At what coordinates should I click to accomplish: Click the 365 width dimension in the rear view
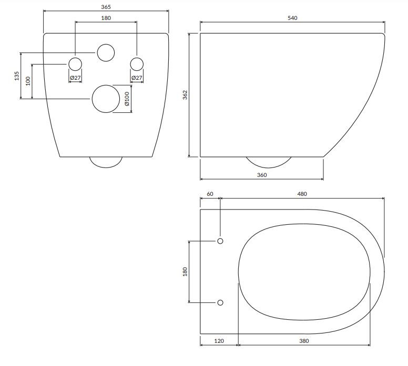coord(106,7)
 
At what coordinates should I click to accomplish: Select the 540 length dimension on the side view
coord(292,18)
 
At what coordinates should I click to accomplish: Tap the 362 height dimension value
coord(185,95)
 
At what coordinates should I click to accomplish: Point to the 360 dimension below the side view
coord(261,175)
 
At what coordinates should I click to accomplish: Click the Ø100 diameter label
coord(127,99)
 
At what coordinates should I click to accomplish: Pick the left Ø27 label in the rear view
coord(75,78)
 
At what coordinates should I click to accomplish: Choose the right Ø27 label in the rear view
coord(137,78)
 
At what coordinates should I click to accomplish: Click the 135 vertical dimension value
coord(16,76)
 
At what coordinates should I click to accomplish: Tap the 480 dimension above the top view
coord(302,194)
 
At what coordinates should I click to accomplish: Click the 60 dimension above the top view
coord(210,194)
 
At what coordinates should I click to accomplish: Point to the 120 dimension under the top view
coord(219,341)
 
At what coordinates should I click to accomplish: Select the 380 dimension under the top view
coord(304,341)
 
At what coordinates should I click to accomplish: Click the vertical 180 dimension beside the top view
coord(185,272)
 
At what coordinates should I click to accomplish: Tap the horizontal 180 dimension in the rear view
coord(106,18)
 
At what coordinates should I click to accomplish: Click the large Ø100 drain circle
coord(106,99)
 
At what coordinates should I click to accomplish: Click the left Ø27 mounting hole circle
coord(75,64)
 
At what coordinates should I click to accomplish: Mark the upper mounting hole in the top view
coord(220,241)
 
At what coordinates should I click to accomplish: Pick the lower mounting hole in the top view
coord(220,302)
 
